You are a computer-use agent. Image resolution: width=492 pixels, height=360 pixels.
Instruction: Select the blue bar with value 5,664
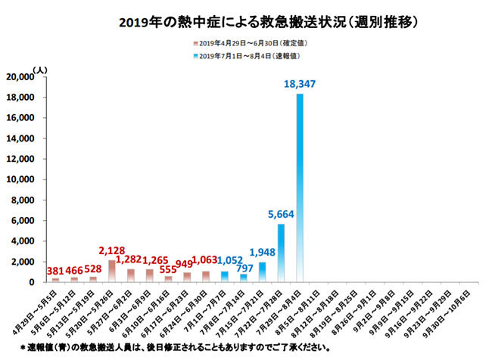(x=281, y=253)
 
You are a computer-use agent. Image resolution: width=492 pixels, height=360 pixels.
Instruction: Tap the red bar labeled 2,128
(x=112, y=271)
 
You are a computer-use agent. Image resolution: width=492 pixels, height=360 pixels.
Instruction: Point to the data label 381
(x=55, y=270)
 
